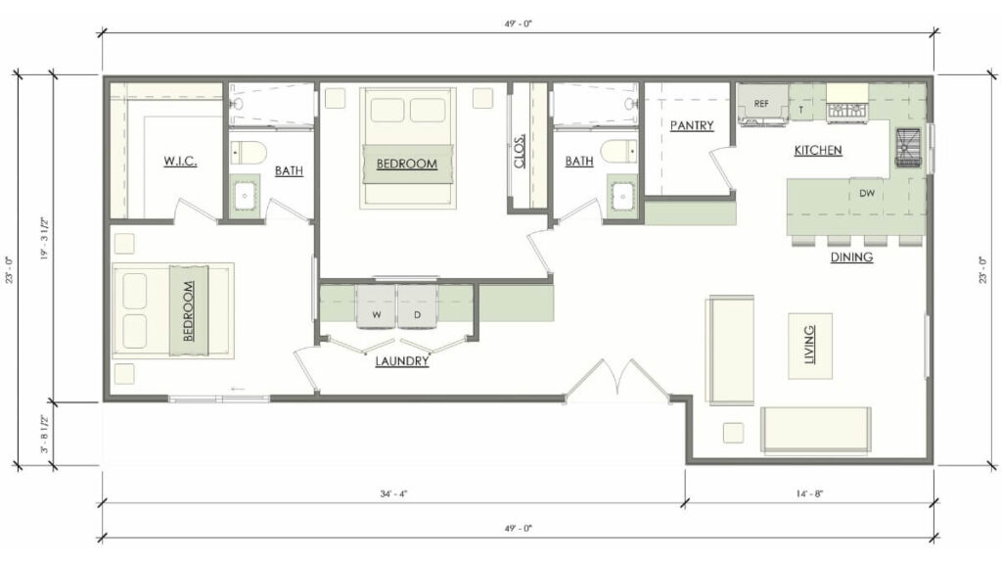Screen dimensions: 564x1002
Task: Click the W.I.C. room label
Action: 181,160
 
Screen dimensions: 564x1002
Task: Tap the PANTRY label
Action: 692,125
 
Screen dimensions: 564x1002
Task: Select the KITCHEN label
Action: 818,150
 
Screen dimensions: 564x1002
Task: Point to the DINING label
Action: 851,258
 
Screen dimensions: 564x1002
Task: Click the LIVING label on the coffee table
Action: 810,347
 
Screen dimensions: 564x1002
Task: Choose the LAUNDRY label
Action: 402,360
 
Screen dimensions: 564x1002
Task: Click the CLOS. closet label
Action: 520,150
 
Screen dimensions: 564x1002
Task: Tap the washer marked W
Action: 376,314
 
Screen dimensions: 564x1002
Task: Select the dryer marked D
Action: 417,314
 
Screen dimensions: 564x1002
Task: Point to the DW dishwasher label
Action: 867,194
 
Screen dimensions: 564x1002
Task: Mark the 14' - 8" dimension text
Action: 807,494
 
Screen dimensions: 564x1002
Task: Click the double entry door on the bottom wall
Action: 616,382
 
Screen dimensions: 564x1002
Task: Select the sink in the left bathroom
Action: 245,196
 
